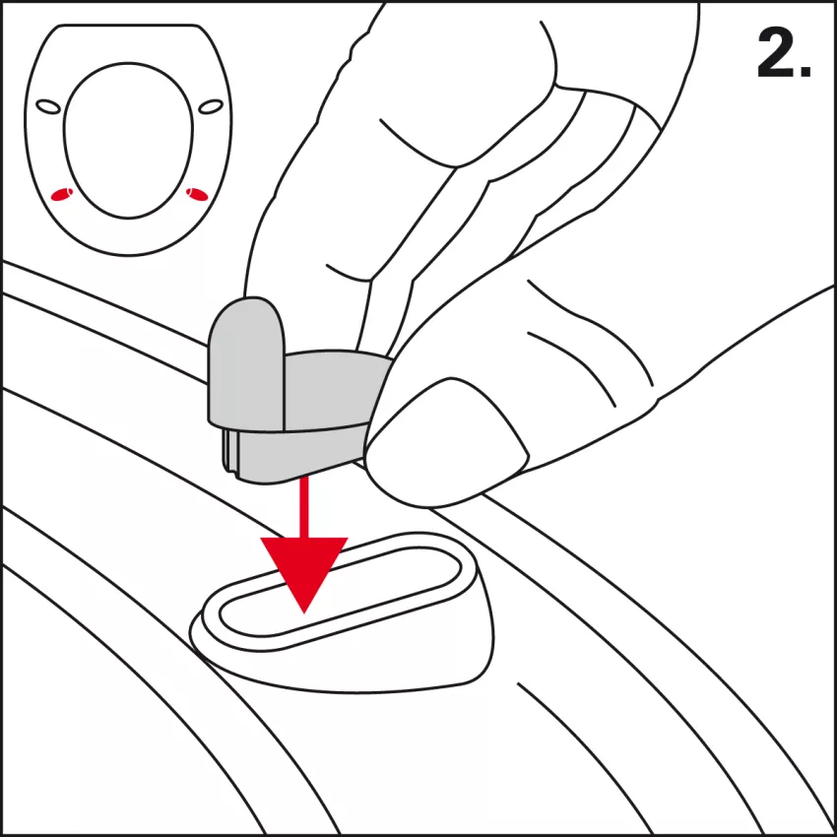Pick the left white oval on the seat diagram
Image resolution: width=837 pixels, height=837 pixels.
click(48, 106)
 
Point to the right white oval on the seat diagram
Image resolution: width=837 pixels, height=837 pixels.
click(211, 106)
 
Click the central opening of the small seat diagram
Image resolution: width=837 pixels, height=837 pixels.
click(128, 141)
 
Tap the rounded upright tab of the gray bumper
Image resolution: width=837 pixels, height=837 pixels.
click(246, 363)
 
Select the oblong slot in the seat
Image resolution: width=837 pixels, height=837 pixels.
click(341, 592)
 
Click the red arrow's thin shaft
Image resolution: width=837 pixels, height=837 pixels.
click(303, 507)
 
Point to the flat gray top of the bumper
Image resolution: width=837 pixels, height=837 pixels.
click(337, 389)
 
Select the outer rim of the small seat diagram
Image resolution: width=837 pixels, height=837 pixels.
click(128, 140)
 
